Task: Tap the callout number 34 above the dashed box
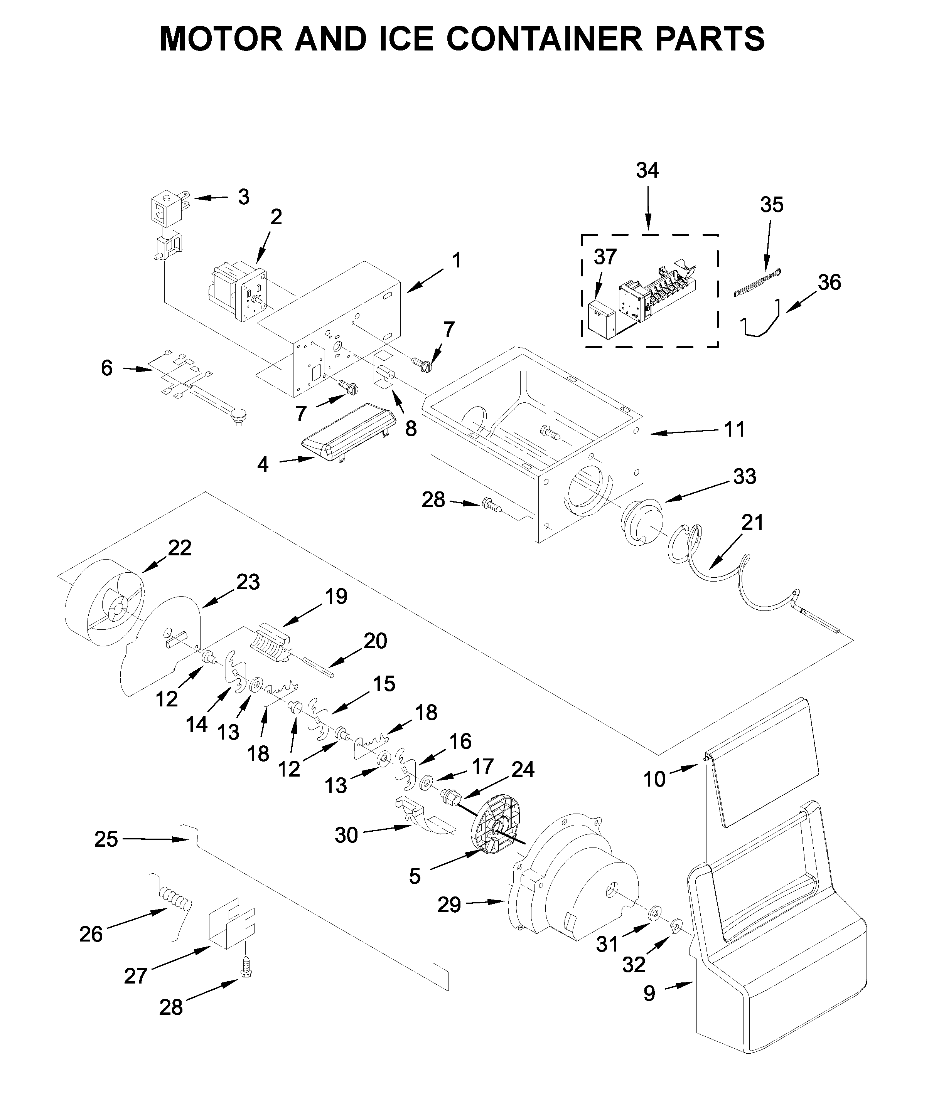point(647,171)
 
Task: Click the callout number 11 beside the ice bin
point(734,429)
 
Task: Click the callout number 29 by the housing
point(449,905)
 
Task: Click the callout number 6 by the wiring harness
point(107,368)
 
